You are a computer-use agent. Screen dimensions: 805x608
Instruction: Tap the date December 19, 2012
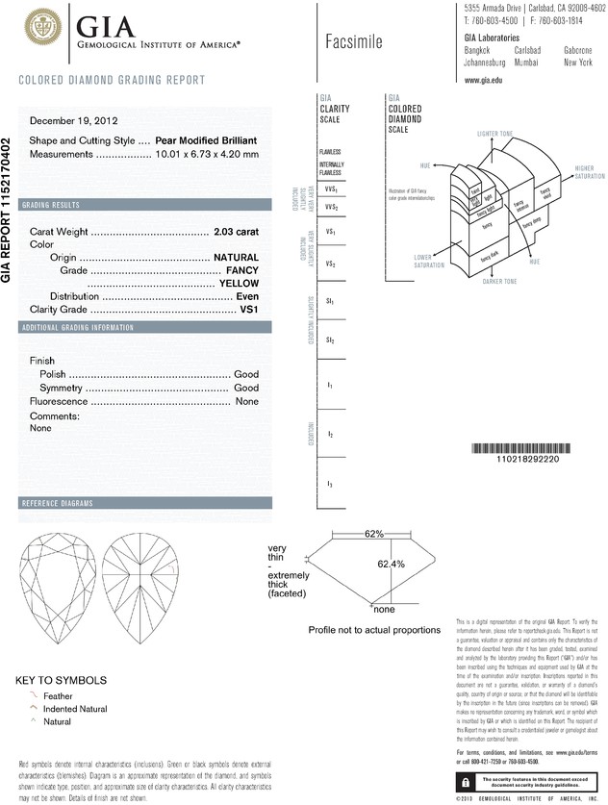74,121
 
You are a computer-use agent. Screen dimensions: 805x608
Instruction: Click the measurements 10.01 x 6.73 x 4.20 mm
207,154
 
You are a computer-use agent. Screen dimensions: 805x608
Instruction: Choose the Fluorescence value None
247,401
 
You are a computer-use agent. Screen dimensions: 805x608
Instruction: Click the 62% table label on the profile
374,533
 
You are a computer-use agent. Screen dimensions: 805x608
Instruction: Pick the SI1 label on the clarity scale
330,302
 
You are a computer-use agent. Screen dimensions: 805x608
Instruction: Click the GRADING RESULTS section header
57,206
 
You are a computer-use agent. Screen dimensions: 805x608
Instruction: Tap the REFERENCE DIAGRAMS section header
57,504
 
